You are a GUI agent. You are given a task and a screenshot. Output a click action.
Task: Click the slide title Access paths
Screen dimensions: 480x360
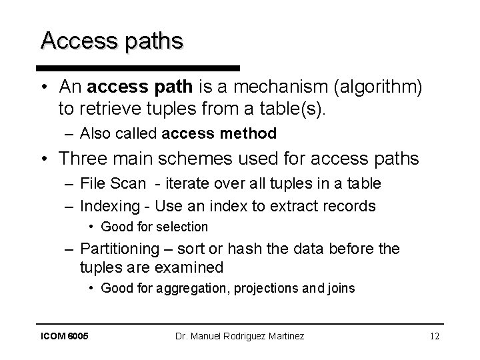click(x=111, y=41)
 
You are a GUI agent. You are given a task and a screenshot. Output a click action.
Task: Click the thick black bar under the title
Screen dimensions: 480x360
click(x=138, y=68)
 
